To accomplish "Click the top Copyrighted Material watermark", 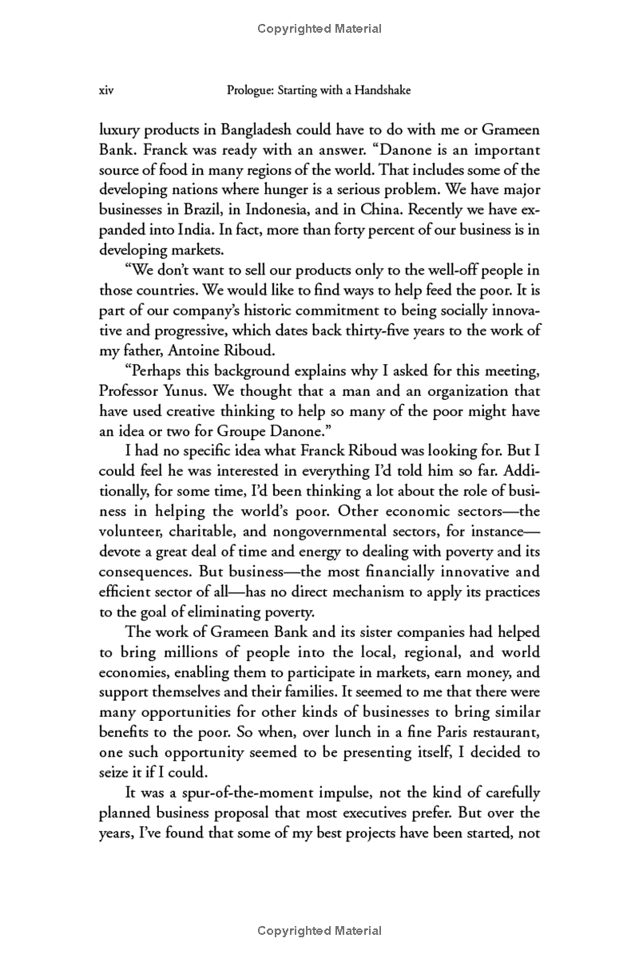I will tap(319, 30).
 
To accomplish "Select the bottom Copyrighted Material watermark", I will tap(319, 930).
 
